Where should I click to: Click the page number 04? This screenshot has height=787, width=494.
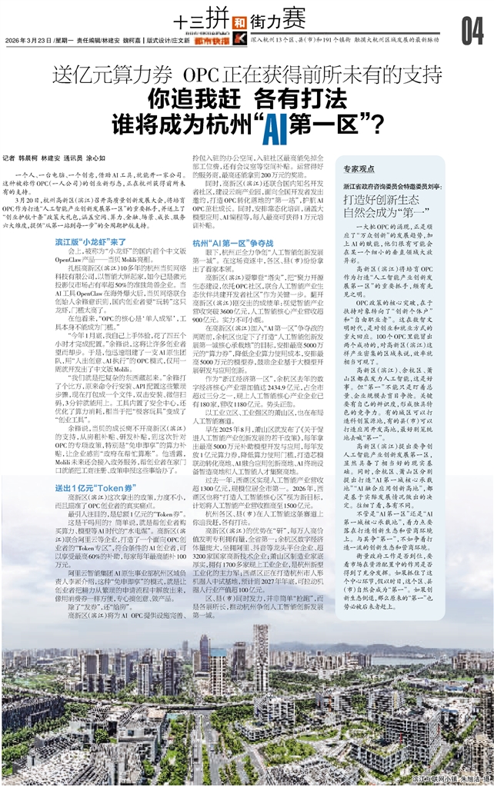tap(471, 31)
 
